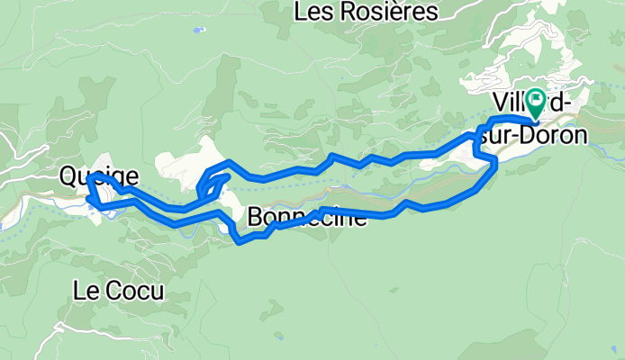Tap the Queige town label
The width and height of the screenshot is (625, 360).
(99, 175)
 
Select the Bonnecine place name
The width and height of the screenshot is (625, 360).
(306, 217)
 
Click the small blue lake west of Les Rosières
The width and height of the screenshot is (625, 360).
(196, 30)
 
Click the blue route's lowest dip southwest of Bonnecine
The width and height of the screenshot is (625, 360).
(239, 239)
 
